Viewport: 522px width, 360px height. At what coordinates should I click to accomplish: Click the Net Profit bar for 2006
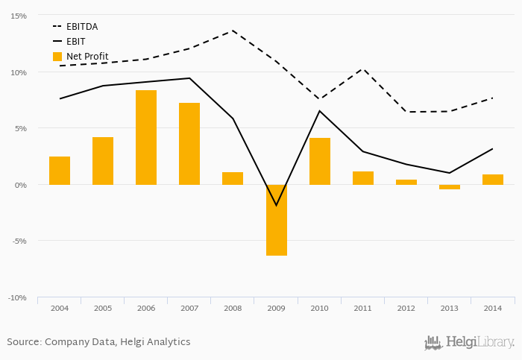coord(146,137)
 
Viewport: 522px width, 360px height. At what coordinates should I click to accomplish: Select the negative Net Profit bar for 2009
coord(276,220)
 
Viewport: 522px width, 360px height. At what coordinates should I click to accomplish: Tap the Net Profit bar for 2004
coord(60,170)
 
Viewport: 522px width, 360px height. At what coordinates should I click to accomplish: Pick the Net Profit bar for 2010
coord(319,161)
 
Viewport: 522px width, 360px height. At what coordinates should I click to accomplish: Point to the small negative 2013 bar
coord(449,187)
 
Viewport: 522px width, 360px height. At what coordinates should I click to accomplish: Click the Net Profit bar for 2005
coord(103,160)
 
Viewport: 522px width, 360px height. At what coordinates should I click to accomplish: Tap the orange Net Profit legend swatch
coord(57,57)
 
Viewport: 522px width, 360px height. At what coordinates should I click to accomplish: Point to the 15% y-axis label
coord(18,16)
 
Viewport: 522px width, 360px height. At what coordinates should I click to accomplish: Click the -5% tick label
coord(18,241)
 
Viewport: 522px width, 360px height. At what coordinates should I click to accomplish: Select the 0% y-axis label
coord(20,185)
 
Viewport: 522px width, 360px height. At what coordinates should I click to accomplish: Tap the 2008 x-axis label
coord(233,307)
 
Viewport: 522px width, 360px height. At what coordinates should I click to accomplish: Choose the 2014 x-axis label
coord(492,307)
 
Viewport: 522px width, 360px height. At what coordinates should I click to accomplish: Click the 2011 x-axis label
coord(362,307)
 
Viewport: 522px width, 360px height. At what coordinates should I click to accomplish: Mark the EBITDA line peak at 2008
coord(233,31)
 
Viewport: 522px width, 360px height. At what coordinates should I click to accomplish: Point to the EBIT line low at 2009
coord(276,205)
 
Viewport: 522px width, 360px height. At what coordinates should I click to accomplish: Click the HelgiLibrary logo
coord(470,342)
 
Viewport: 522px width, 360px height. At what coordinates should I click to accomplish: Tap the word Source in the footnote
coord(23,342)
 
